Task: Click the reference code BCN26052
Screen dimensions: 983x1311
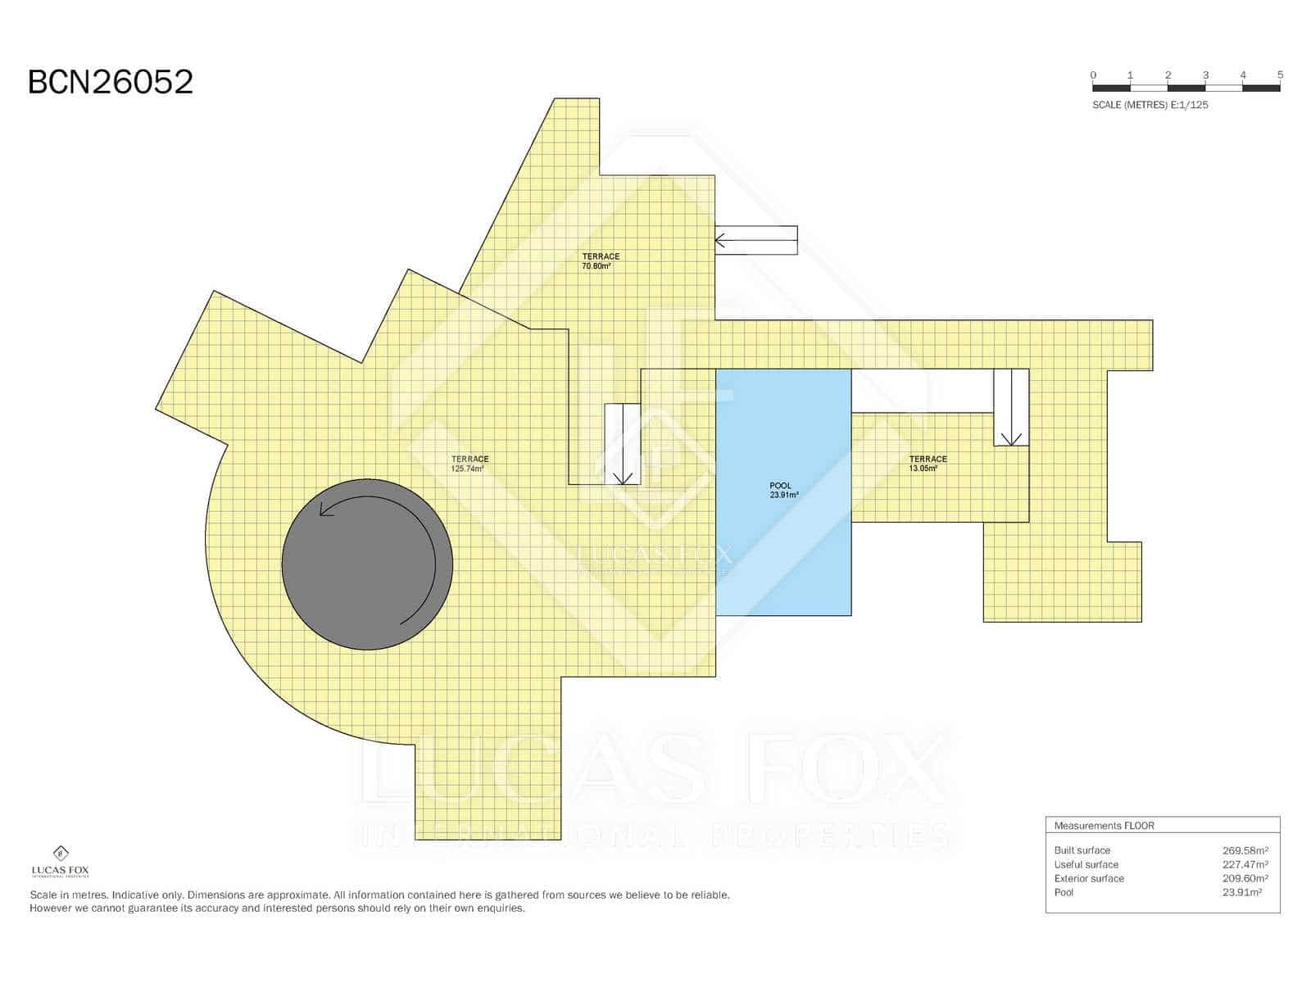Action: click(x=111, y=82)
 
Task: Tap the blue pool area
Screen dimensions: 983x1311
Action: click(x=783, y=557)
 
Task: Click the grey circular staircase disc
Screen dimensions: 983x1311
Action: click(x=366, y=565)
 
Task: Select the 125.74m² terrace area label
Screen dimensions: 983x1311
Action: click(x=470, y=464)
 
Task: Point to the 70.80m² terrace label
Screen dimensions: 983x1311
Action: click(x=600, y=261)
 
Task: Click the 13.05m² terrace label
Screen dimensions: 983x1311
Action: click(x=928, y=464)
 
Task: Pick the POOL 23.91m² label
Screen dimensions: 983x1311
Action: click(x=782, y=490)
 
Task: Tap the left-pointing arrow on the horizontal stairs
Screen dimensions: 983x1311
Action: click(x=721, y=241)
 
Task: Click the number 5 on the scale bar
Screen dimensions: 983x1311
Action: click(x=1280, y=75)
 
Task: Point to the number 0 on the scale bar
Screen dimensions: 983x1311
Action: click(x=1093, y=75)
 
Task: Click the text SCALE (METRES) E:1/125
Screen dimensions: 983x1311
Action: click(x=1150, y=105)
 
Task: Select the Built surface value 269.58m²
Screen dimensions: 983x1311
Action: click(x=1245, y=850)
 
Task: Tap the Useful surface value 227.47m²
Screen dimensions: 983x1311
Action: click(x=1245, y=864)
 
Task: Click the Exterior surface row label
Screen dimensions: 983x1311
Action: click(x=1089, y=878)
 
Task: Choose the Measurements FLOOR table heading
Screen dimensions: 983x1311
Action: click(x=1104, y=826)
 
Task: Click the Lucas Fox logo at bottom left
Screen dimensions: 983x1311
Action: click(x=60, y=861)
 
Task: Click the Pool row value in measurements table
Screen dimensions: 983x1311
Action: click(x=1241, y=892)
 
